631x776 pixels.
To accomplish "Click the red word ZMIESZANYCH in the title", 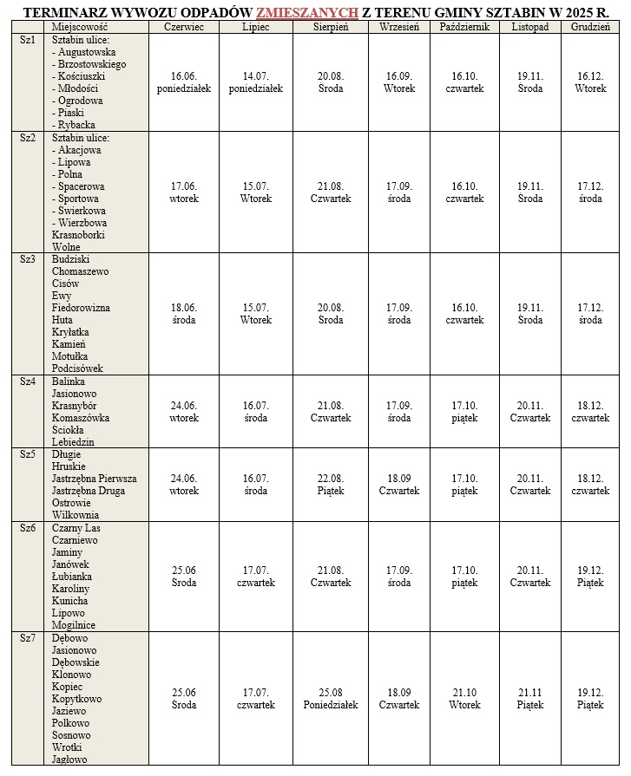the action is (x=306, y=12).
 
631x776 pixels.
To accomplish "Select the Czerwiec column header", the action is (x=184, y=27).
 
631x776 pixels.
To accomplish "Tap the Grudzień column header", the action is (x=590, y=27).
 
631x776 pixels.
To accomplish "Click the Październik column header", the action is (x=464, y=27).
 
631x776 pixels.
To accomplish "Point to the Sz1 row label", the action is (x=28, y=40).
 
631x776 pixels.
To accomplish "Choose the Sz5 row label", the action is (x=28, y=453).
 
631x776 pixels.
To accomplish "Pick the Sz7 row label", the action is (x=28, y=638).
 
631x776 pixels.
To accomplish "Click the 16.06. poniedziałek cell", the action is (x=184, y=82).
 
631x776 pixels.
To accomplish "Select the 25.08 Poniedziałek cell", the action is (x=331, y=698).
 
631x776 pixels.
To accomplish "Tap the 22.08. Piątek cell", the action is (x=331, y=485).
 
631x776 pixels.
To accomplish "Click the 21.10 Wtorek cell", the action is (x=464, y=698).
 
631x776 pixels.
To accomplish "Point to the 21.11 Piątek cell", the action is (x=530, y=698).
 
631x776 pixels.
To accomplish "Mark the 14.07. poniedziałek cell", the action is (x=255, y=82).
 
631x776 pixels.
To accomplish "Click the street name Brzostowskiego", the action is (x=92, y=64).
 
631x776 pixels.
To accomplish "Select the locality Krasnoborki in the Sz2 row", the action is (x=78, y=235).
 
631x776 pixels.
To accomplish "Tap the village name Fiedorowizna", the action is (x=81, y=307).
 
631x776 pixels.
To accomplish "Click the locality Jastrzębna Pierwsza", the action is (x=94, y=479).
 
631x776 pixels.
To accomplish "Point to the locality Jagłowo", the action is (x=69, y=760).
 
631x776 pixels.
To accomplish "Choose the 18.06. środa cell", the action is (x=184, y=314).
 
